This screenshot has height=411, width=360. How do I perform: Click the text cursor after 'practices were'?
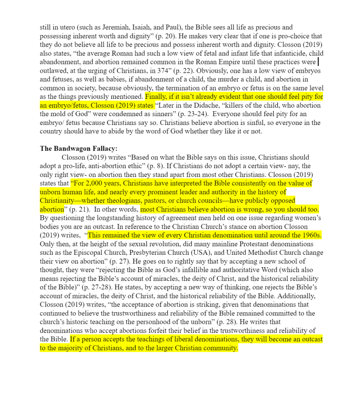click(x=318, y=62)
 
